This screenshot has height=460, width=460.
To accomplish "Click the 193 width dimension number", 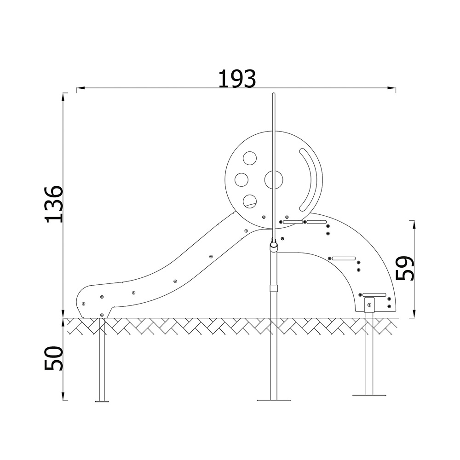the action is pyautogui.click(x=237, y=79).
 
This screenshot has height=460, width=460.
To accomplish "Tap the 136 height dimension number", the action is pyautogui.click(x=54, y=204).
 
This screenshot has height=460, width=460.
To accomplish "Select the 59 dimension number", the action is pyautogui.click(x=404, y=268).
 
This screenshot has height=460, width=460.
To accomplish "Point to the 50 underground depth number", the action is pyautogui.click(x=54, y=358).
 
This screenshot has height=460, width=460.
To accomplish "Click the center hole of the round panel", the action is pyautogui.click(x=274, y=180).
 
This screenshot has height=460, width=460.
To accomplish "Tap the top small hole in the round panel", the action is pyautogui.click(x=250, y=158).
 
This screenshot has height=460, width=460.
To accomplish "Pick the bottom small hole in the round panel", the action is pyautogui.click(x=250, y=201).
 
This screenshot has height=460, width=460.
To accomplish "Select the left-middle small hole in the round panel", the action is pyautogui.click(x=241, y=180).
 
